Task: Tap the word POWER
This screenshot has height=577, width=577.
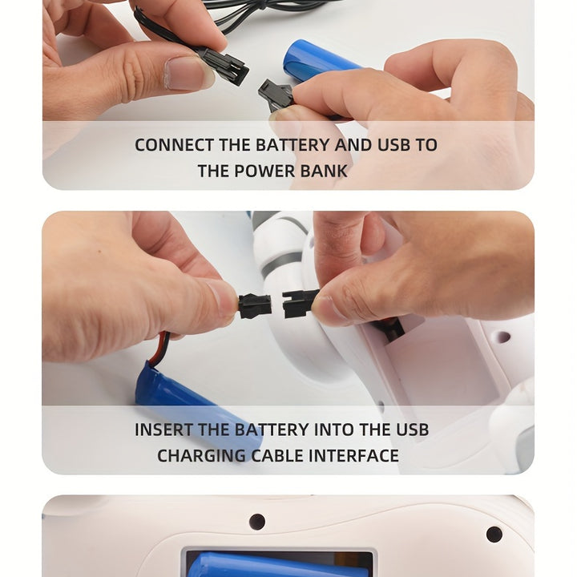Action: click(264, 171)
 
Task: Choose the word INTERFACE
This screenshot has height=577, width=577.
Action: click(353, 455)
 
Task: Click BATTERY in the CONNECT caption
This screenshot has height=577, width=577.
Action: click(293, 144)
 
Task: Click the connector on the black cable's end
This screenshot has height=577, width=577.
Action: click(224, 67)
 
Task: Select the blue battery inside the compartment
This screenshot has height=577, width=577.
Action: click(280, 566)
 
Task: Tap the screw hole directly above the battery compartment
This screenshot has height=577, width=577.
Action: click(257, 522)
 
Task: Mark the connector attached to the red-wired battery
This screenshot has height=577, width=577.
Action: click(255, 305)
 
